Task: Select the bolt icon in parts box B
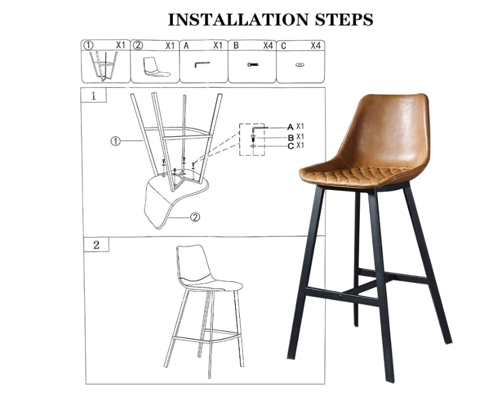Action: click(x=252, y=65)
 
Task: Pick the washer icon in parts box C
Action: click(x=300, y=65)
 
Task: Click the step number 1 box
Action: click(x=93, y=96)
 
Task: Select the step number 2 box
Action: click(x=96, y=245)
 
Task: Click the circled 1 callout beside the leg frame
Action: click(x=115, y=141)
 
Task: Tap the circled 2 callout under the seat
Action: click(x=195, y=217)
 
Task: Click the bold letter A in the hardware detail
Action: click(x=290, y=126)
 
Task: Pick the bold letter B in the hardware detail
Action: click(x=291, y=137)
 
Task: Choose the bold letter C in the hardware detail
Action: click(x=291, y=146)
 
